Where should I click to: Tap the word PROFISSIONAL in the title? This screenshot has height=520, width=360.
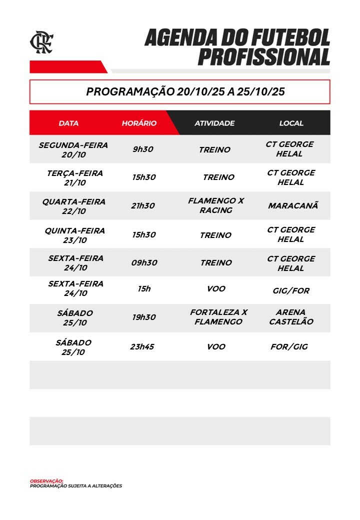click(263, 56)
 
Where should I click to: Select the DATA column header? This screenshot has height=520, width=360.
click(68, 123)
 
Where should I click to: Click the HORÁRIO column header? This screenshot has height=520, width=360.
click(139, 123)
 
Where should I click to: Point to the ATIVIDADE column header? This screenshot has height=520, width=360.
click(214, 123)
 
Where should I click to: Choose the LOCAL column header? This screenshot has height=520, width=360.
click(291, 123)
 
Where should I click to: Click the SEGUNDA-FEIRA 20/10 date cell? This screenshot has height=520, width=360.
click(73, 149)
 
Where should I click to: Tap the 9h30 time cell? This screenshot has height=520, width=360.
click(143, 149)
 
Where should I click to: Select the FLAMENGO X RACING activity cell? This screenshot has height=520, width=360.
click(215, 205)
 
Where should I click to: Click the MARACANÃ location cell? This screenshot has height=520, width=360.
click(293, 205)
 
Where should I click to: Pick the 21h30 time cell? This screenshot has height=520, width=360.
click(143, 205)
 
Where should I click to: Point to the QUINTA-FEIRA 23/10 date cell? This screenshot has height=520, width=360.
click(74, 235)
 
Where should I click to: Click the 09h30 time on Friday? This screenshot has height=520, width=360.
click(144, 262)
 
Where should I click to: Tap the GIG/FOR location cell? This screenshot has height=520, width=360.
click(291, 290)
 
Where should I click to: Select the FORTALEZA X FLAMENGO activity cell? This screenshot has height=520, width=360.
click(218, 317)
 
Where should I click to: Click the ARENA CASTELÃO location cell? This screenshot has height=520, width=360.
click(291, 317)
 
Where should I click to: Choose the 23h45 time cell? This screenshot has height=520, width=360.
click(142, 346)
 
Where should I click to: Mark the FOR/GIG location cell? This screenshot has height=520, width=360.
click(289, 346)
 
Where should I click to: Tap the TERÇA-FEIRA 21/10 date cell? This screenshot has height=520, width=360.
click(74, 177)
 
